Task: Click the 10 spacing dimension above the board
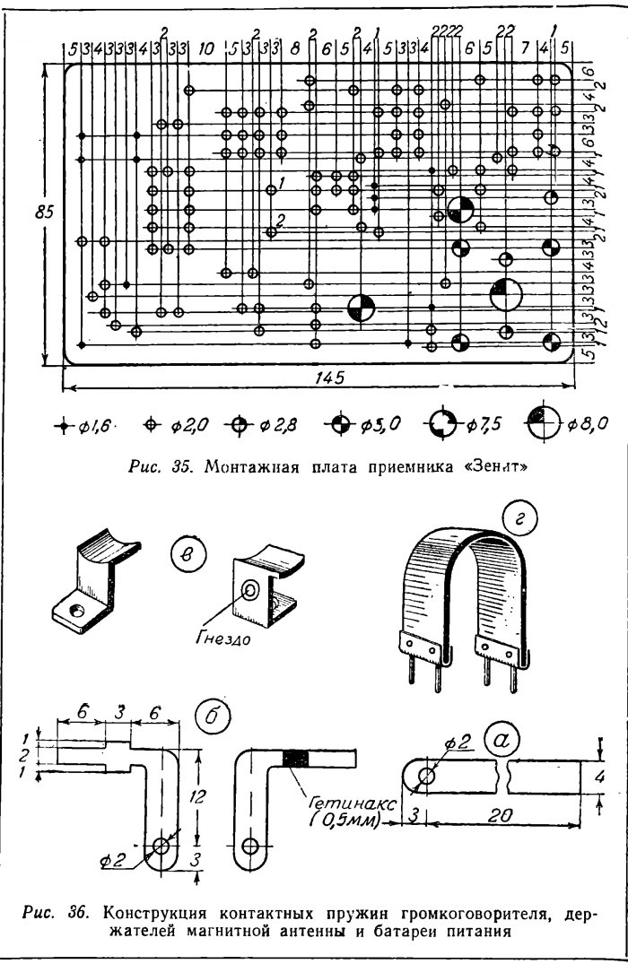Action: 205,48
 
